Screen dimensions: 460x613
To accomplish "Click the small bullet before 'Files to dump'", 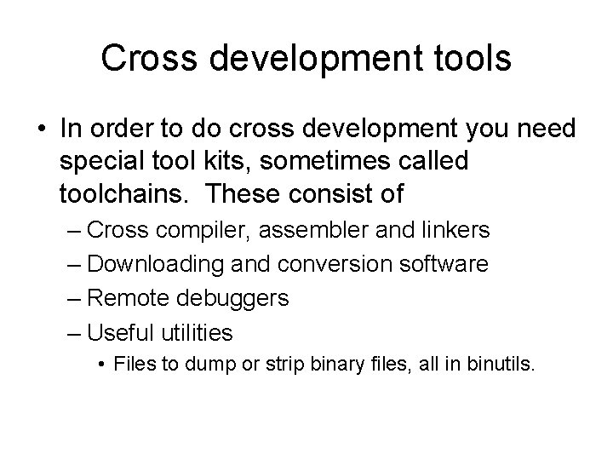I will pos(101,365).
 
